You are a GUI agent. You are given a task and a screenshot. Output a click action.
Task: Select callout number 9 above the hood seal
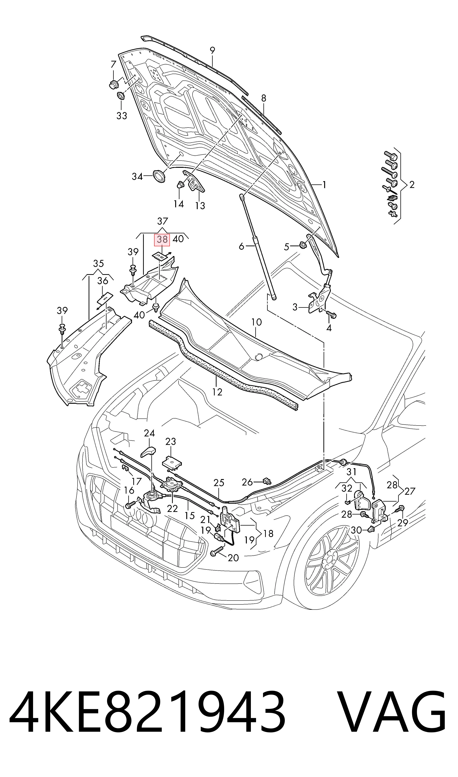[212, 50]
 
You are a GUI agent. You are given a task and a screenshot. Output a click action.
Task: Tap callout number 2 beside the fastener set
[412, 185]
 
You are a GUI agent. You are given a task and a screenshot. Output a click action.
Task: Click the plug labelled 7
[114, 84]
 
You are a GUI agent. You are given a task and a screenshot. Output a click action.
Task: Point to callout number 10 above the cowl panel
[256, 322]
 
